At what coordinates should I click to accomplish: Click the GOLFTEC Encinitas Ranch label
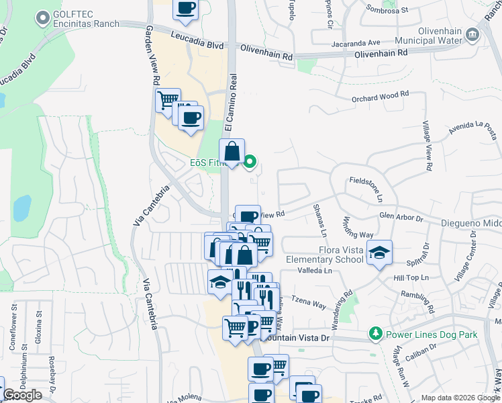click(85, 19)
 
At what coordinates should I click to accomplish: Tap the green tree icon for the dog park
click(375, 334)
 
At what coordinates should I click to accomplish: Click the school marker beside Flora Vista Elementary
click(380, 253)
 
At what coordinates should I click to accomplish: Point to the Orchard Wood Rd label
click(381, 97)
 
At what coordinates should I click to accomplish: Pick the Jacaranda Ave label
click(356, 43)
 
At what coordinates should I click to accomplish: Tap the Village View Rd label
click(427, 145)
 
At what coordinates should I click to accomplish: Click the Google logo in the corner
click(22, 395)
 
